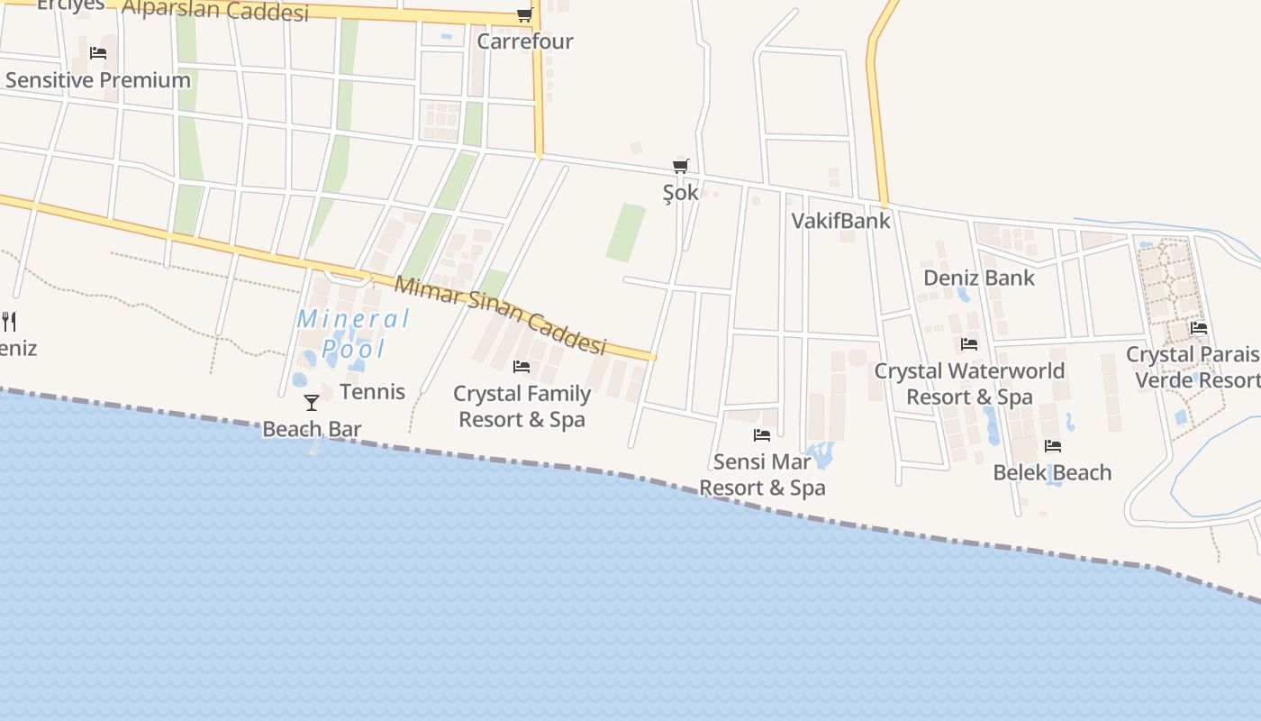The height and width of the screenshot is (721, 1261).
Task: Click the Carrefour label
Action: pos(524,41)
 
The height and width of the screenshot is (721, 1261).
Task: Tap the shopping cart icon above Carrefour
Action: pos(524,15)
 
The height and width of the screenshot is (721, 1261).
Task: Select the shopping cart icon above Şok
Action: pos(681,166)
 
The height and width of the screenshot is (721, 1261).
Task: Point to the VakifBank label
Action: pos(840,221)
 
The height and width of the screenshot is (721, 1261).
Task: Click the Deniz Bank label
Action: pos(979,278)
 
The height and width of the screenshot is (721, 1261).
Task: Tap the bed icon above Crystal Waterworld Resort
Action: pos(969,344)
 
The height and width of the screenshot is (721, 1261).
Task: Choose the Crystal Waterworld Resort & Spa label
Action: pos(969,384)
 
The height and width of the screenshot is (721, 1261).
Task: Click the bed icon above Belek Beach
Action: pos(1052,446)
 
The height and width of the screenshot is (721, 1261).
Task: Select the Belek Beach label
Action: pos(1052,472)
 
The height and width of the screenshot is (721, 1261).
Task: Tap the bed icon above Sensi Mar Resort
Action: pos(762,435)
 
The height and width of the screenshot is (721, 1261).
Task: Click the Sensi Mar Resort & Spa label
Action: pos(762,475)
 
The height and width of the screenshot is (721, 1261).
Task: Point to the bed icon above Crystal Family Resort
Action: pos(522,367)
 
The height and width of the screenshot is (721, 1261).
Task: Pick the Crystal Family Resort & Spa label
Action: pos(522,406)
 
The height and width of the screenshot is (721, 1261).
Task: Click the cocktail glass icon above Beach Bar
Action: pos(312,402)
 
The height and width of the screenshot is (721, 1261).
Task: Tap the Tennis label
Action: pos(372,392)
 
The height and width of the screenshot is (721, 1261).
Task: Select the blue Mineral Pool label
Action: pos(353,333)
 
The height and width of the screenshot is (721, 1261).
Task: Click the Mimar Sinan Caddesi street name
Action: pos(501,315)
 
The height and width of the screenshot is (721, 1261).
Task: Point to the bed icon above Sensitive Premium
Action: pos(98,53)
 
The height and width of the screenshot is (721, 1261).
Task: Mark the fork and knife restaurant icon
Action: pos(9,321)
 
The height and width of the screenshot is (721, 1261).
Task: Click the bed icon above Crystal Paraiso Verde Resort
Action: pos(1198,328)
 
